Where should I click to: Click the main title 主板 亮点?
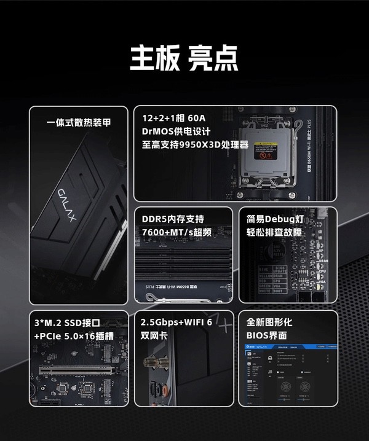click(184, 58)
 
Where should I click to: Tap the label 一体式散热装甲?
click(79, 122)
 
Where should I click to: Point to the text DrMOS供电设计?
click(176, 131)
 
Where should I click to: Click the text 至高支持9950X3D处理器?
click(195, 145)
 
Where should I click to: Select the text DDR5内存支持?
click(172, 219)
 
